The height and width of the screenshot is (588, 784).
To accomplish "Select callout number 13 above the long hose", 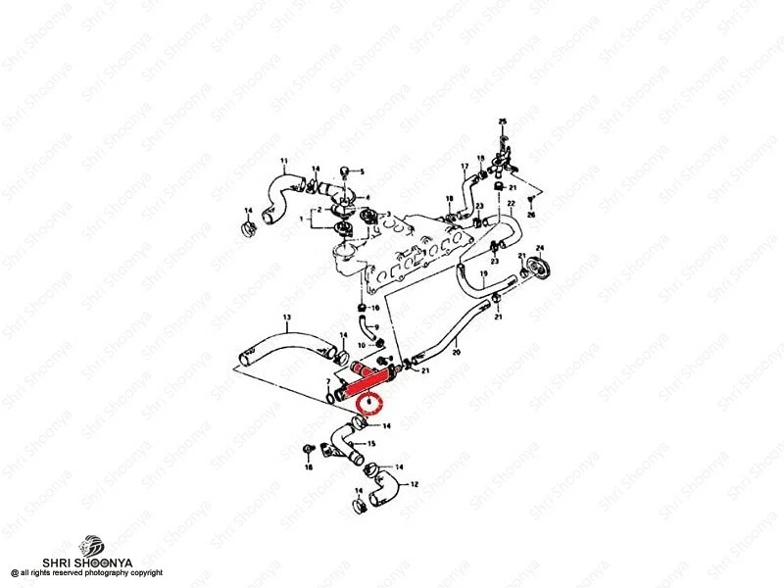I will point(287,318).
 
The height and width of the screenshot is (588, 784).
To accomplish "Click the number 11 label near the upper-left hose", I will point(284,161).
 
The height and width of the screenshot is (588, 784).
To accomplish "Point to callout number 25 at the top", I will point(503,121).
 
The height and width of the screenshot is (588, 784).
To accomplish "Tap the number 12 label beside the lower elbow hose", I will point(415,484).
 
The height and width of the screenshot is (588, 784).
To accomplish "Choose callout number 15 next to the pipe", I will point(371,444).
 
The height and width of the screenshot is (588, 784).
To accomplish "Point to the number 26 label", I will point(531,214).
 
